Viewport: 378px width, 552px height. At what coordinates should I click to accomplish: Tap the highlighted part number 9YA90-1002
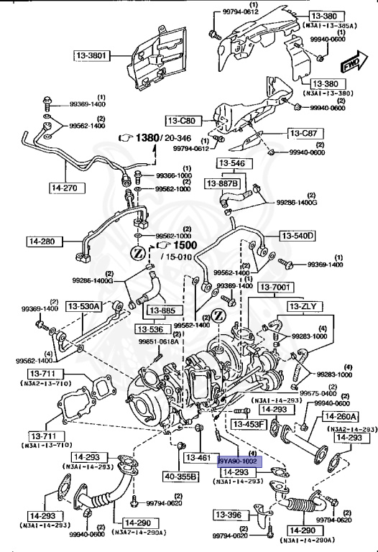(x=239, y=461)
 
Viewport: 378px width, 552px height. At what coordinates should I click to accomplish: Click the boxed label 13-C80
(x=183, y=120)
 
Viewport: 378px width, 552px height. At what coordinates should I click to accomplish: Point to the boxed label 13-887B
(x=223, y=185)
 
